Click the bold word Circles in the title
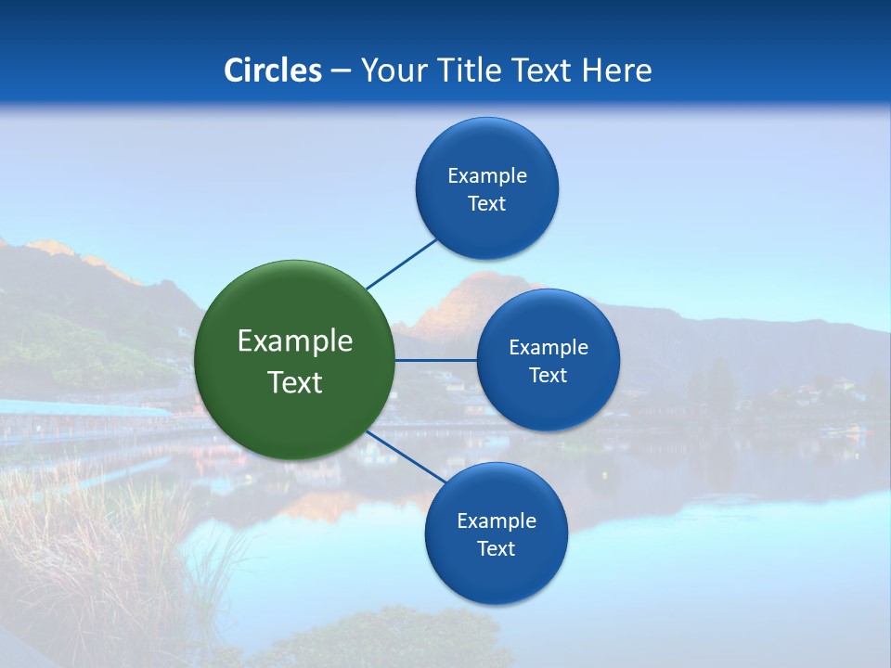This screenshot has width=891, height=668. coord(273,71)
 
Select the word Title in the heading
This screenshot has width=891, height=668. coord(474,71)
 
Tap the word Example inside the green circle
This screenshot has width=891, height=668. coord(295,341)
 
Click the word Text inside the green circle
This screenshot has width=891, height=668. coord(295,382)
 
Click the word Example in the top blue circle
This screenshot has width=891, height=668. coord(487,176)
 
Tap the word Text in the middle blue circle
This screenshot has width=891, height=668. coord(548,376)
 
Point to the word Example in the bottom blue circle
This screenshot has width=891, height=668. coord(497,521)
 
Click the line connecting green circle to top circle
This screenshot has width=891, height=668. coord(401,264)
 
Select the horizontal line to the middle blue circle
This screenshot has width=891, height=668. coord(436,360)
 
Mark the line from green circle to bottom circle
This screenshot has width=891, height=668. coord(407,456)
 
